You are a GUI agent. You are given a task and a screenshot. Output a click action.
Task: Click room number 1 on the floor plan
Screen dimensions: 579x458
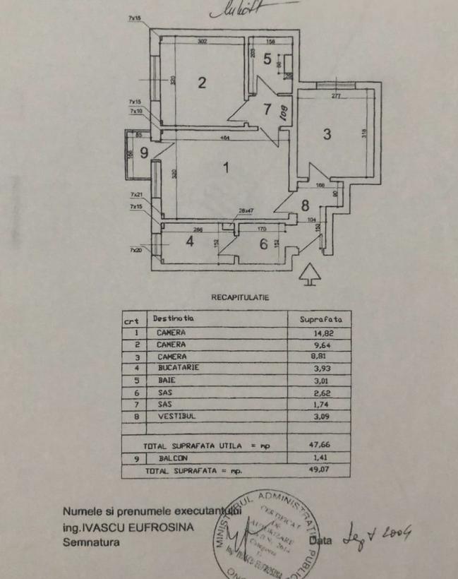pos(227,168)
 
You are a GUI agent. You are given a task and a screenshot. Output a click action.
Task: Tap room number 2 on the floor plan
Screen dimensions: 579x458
pos(202,83)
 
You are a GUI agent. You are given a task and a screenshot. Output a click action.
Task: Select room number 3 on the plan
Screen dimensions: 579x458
pos(327,134)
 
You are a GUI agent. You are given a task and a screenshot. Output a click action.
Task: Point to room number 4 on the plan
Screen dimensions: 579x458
pos(189,242)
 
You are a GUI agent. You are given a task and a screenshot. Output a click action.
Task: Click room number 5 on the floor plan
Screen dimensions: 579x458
pos(267,59)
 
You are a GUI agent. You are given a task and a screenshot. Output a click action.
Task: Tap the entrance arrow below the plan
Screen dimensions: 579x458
pos(308,274)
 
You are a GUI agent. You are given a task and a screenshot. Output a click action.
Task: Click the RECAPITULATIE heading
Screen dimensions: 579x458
pos(240,297)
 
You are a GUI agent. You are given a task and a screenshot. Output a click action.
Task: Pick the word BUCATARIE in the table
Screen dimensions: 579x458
pos(179,368)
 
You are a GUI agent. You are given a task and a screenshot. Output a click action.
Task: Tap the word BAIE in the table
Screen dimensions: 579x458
pos(167,380)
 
